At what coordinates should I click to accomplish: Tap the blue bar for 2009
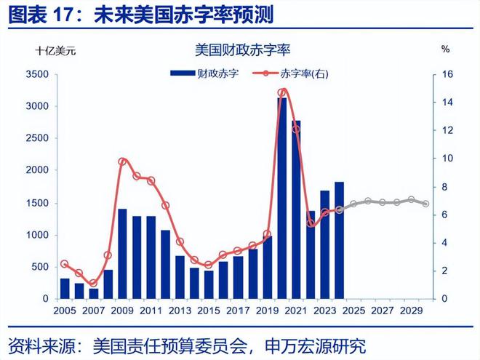tap(121, 254)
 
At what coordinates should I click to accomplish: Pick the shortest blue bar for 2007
tap(94, 293)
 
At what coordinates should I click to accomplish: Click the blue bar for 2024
tap(339, 240)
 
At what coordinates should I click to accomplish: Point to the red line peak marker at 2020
tap(283, 92)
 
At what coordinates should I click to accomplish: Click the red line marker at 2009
tap(122, 161)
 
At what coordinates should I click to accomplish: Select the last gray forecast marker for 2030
tap(425, 204)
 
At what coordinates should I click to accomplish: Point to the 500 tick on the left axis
tap(39, 267)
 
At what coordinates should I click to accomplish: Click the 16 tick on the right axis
tap(447, 74)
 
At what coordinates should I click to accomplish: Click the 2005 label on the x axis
tap(65, 311)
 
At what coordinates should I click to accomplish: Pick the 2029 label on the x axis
tap(412, 311)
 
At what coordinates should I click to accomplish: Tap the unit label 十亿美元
tap(55, 51)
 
